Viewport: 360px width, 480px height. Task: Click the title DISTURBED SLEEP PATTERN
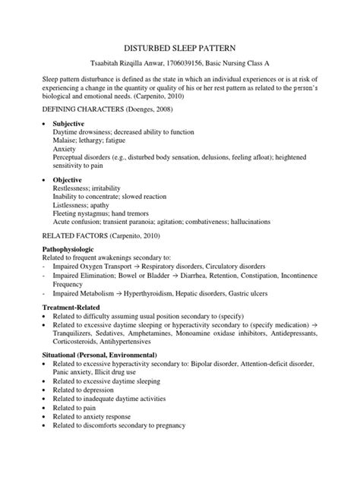179,46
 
